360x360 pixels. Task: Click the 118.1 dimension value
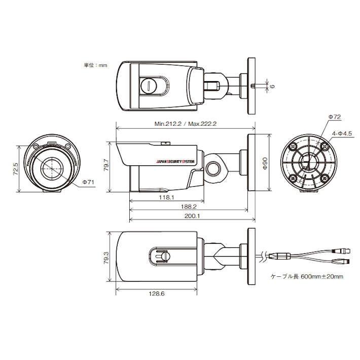[166, 197]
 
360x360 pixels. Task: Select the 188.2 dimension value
[189, 207]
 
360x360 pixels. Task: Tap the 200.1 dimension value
[192, 216]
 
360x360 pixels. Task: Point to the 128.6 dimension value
[157, 294]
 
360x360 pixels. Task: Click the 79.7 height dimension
[106, 164]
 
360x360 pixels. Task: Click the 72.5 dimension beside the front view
[16, 169]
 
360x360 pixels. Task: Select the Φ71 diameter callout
[88, 183]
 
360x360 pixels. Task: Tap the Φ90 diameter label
[265, 163]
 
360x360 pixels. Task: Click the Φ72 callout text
[335, 117]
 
